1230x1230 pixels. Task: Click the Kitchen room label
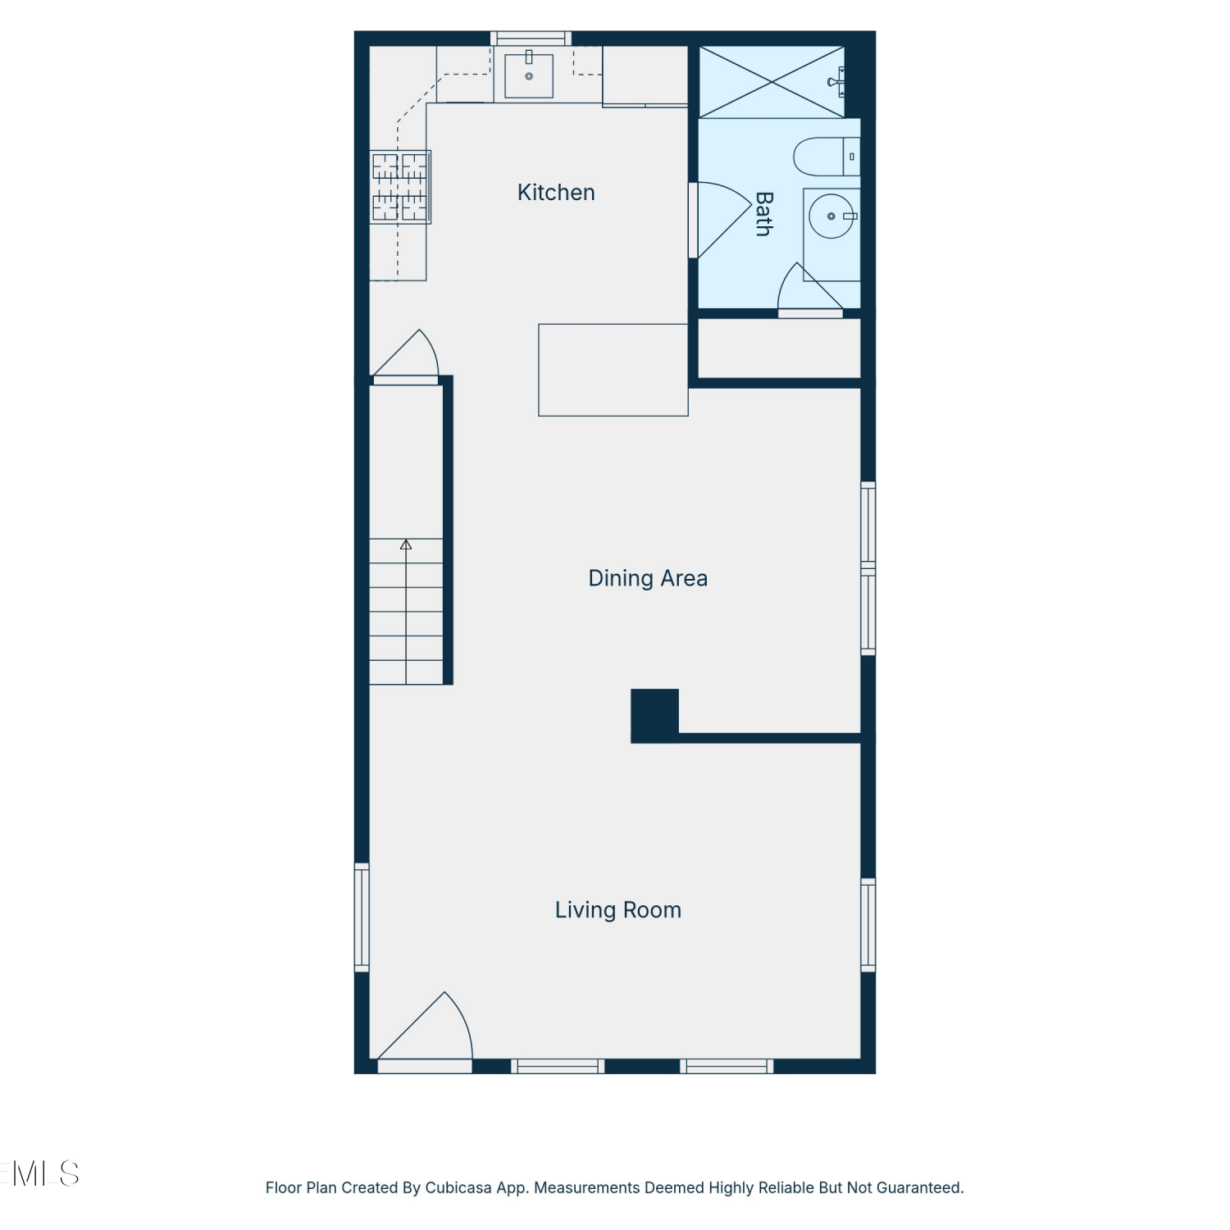[x=556, y=193]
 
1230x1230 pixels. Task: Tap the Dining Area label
[x=648, y=578]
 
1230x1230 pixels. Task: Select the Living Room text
[x=618, y=910]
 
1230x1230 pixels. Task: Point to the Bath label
[x=763, y=214]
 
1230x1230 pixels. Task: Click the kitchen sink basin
[x=529, y=75]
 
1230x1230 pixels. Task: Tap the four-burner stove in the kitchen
[x=401, y=187]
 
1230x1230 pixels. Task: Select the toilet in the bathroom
[x=827, y=157]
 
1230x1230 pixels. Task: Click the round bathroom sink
[x=831, y=216]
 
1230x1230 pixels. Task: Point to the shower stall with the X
[x=771, y=82]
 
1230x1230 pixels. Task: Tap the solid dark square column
[x=654, y=715]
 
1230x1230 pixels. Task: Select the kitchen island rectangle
[x=613, y=370]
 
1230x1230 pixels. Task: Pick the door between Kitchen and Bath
[x=720, y=219]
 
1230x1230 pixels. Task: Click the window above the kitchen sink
[x=531, y=38]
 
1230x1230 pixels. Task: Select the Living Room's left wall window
[x=362, y=918]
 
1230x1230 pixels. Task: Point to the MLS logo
[x=41, y=1174]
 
